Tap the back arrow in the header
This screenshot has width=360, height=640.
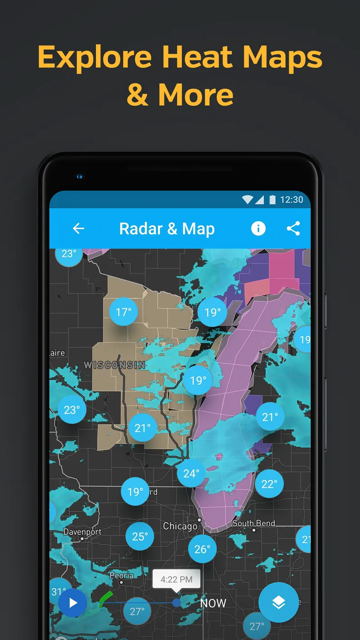78,229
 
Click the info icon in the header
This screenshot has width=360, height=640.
258,229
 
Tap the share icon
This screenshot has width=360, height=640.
293,229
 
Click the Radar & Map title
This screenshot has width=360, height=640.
167,229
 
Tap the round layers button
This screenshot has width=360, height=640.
279,602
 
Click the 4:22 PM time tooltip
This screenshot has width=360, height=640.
176,579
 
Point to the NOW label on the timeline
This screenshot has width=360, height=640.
213,603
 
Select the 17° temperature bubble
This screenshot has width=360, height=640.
123,311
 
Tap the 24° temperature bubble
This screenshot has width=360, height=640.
191,473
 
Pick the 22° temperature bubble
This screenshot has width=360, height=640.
269,484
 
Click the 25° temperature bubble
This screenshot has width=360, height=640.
139,536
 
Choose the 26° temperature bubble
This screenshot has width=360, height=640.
202,549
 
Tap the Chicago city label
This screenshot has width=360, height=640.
180,526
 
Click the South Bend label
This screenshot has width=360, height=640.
254,523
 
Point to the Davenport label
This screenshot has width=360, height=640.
82,532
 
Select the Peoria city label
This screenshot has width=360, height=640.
121,576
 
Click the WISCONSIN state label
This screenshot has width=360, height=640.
115,365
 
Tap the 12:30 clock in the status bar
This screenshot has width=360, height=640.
292,199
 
